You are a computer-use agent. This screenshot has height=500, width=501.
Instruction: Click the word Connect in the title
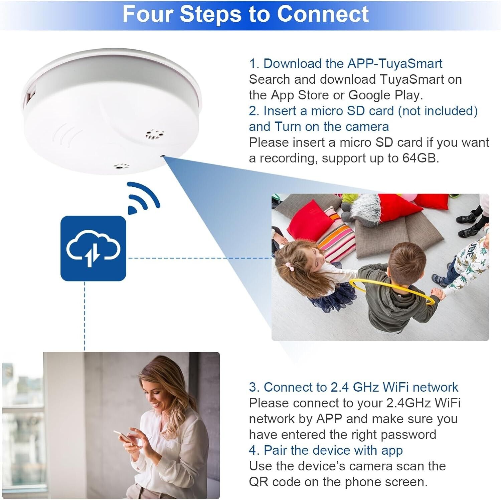[x=323, y=14]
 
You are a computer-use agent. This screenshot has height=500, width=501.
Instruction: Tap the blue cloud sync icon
[x=93, y=248]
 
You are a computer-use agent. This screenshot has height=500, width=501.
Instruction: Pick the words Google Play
[x=386, y=95]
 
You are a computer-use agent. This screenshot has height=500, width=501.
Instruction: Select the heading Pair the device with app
[x=333, y=450]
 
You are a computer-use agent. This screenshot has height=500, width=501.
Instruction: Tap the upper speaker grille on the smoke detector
[x=155, y=134]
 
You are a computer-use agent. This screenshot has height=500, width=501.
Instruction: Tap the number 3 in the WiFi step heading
[x=254, y=387]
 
